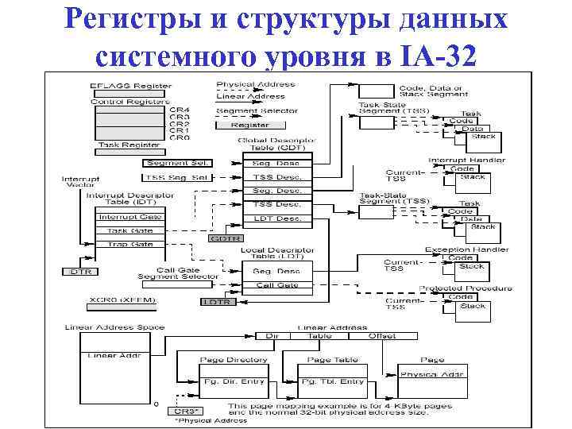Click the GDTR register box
(224, 238)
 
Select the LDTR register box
(217, 302)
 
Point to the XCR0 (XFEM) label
(122, 301)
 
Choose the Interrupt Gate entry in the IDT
(129, 217)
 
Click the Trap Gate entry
(129, 244)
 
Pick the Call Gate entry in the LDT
(276, 284)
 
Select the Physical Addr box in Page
(432, 374)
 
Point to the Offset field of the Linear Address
(382, 336)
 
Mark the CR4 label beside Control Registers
(180, 110)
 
